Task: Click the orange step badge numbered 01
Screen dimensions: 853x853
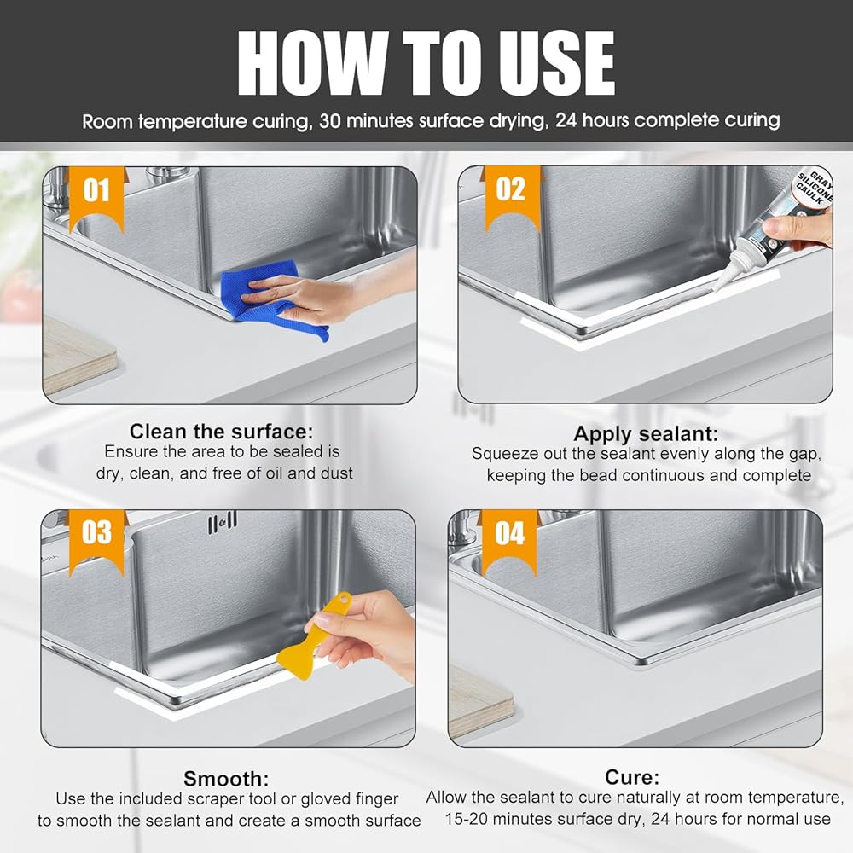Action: coord(97,199)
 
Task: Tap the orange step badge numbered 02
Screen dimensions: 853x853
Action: coord(511,198)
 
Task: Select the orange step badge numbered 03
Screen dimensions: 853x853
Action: coord(97,541)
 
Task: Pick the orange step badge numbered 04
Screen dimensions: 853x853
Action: coord(510,542)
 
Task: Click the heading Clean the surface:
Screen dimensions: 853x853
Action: coord(222,432)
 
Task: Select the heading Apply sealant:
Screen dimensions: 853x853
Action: coord(646,433)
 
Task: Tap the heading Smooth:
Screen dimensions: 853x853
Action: coord(226,779)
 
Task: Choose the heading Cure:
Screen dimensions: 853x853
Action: coord(632,777)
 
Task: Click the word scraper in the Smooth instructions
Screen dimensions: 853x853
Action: coord(216,799)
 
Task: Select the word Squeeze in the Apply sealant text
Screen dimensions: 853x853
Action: coord(502,455)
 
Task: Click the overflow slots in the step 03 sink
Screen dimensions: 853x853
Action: coord(223,522)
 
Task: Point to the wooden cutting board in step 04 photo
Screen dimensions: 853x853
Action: coord(481,701)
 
